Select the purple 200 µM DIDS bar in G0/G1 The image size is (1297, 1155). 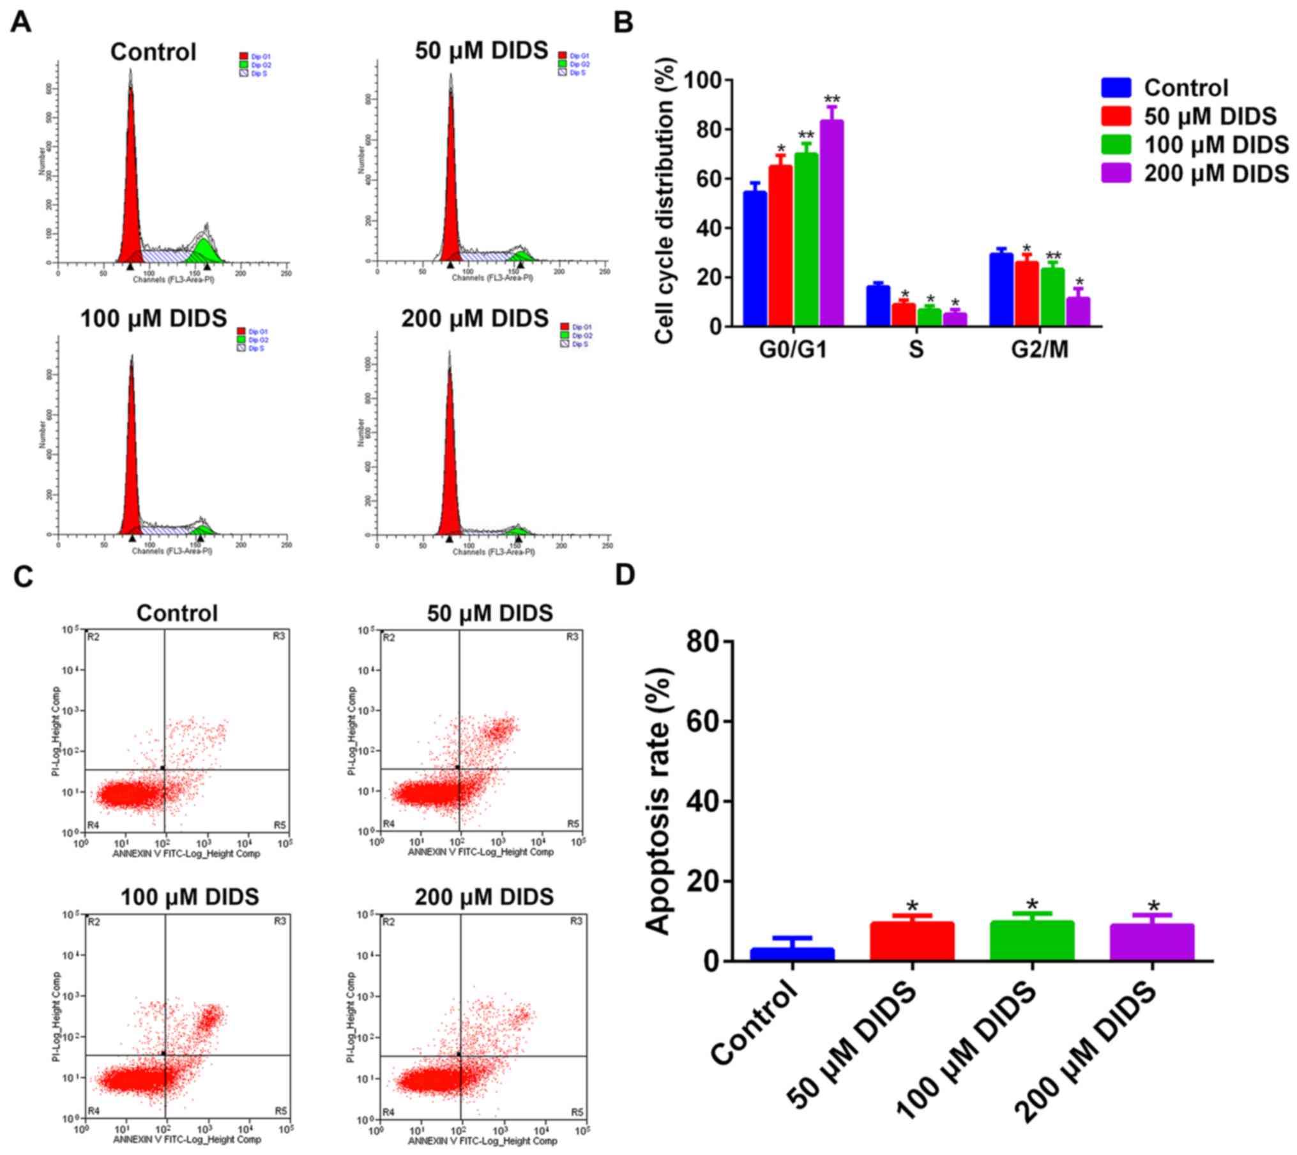tap(831, 223)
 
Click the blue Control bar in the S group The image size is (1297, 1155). tap(877, 306)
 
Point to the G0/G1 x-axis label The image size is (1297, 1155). tap(793, 350)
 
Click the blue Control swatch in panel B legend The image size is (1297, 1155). tap(1116, 87)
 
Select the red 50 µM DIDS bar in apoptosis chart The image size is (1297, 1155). tap(911, 940)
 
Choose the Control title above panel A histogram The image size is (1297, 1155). tap(153, 52)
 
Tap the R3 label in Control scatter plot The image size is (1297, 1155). tap(279, 636)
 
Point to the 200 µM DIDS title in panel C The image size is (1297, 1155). tap(484, 897)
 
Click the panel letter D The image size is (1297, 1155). tap(624, 575)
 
